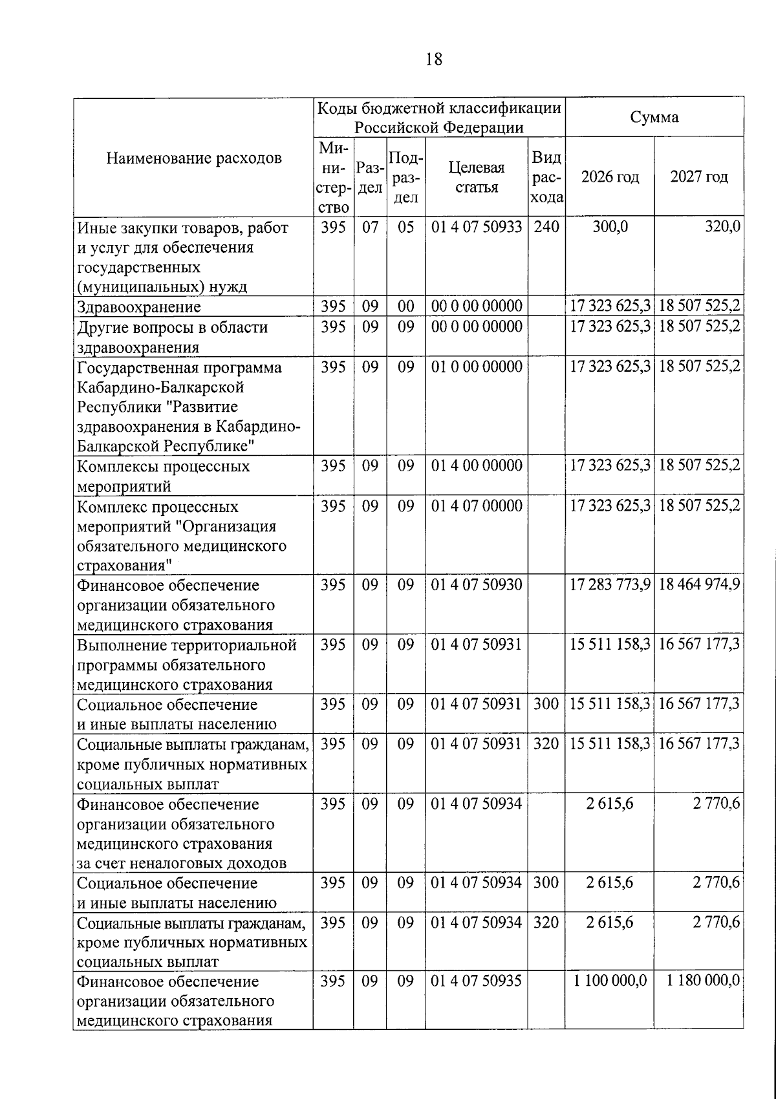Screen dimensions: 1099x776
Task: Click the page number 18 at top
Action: pos(434,59)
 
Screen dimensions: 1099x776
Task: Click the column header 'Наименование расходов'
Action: pos(193,158)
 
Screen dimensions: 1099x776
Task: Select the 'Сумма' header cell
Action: pos(654,117)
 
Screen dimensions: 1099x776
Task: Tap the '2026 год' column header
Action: pos(610,177)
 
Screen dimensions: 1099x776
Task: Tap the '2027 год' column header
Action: pos(698,177)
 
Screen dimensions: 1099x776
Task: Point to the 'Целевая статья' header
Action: pos(476,177)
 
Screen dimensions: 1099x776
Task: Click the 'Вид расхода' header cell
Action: pos(546,177)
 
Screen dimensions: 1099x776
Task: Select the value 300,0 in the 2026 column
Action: pos(610,228)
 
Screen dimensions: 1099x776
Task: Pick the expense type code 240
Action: pos(546,228)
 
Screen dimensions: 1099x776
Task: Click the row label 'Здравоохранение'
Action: pos(138,307)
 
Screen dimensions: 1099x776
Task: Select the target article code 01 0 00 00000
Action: pos(477,367)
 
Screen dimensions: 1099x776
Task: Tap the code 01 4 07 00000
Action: pos(477,506)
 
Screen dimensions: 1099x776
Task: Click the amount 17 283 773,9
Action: pos(610,585)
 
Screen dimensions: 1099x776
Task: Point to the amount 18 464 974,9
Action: pos(699,585)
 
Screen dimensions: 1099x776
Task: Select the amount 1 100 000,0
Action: pos(610,981)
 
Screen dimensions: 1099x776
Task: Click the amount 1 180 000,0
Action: pos(703,981)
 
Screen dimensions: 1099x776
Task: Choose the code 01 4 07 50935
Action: pos(477,981)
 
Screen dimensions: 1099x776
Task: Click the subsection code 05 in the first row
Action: pos(405,228)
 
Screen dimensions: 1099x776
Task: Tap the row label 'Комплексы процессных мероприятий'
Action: pos(164,476)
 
